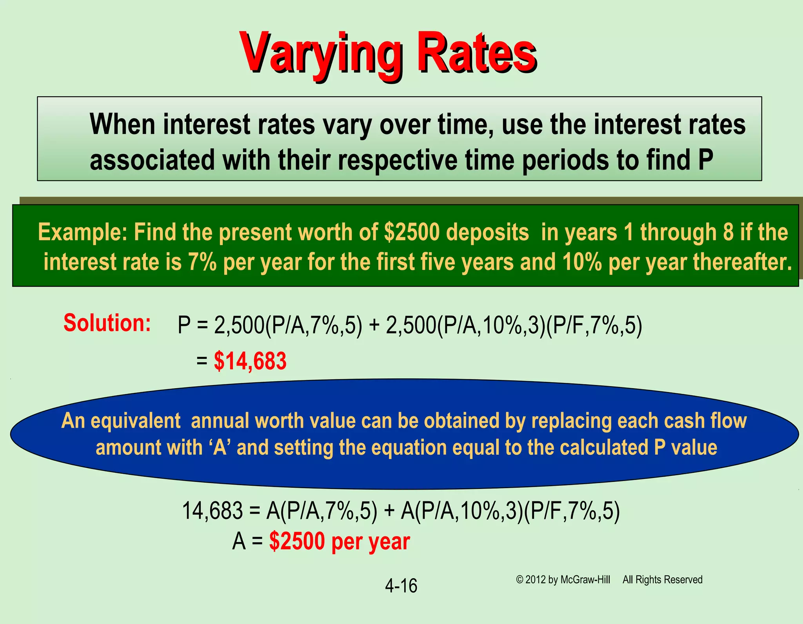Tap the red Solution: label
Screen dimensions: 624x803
tap(107, 323)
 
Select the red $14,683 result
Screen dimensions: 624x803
tap(250, 361)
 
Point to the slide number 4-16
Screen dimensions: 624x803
tap(401, 586)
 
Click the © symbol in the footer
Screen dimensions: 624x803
tap(520, 580)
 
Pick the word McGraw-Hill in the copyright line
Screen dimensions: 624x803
tap(585, 580)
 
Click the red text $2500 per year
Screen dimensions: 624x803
tap(340, 542)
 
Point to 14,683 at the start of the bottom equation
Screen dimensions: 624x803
tap(213, 511)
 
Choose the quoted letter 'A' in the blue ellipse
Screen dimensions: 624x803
tap(220, 447)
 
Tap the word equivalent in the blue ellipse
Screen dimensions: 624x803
tap(136, 421)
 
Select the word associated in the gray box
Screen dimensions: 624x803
tap(153, 160)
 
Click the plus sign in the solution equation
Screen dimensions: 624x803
tap(374, 326)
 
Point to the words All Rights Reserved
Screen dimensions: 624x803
tap(662, 580)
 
